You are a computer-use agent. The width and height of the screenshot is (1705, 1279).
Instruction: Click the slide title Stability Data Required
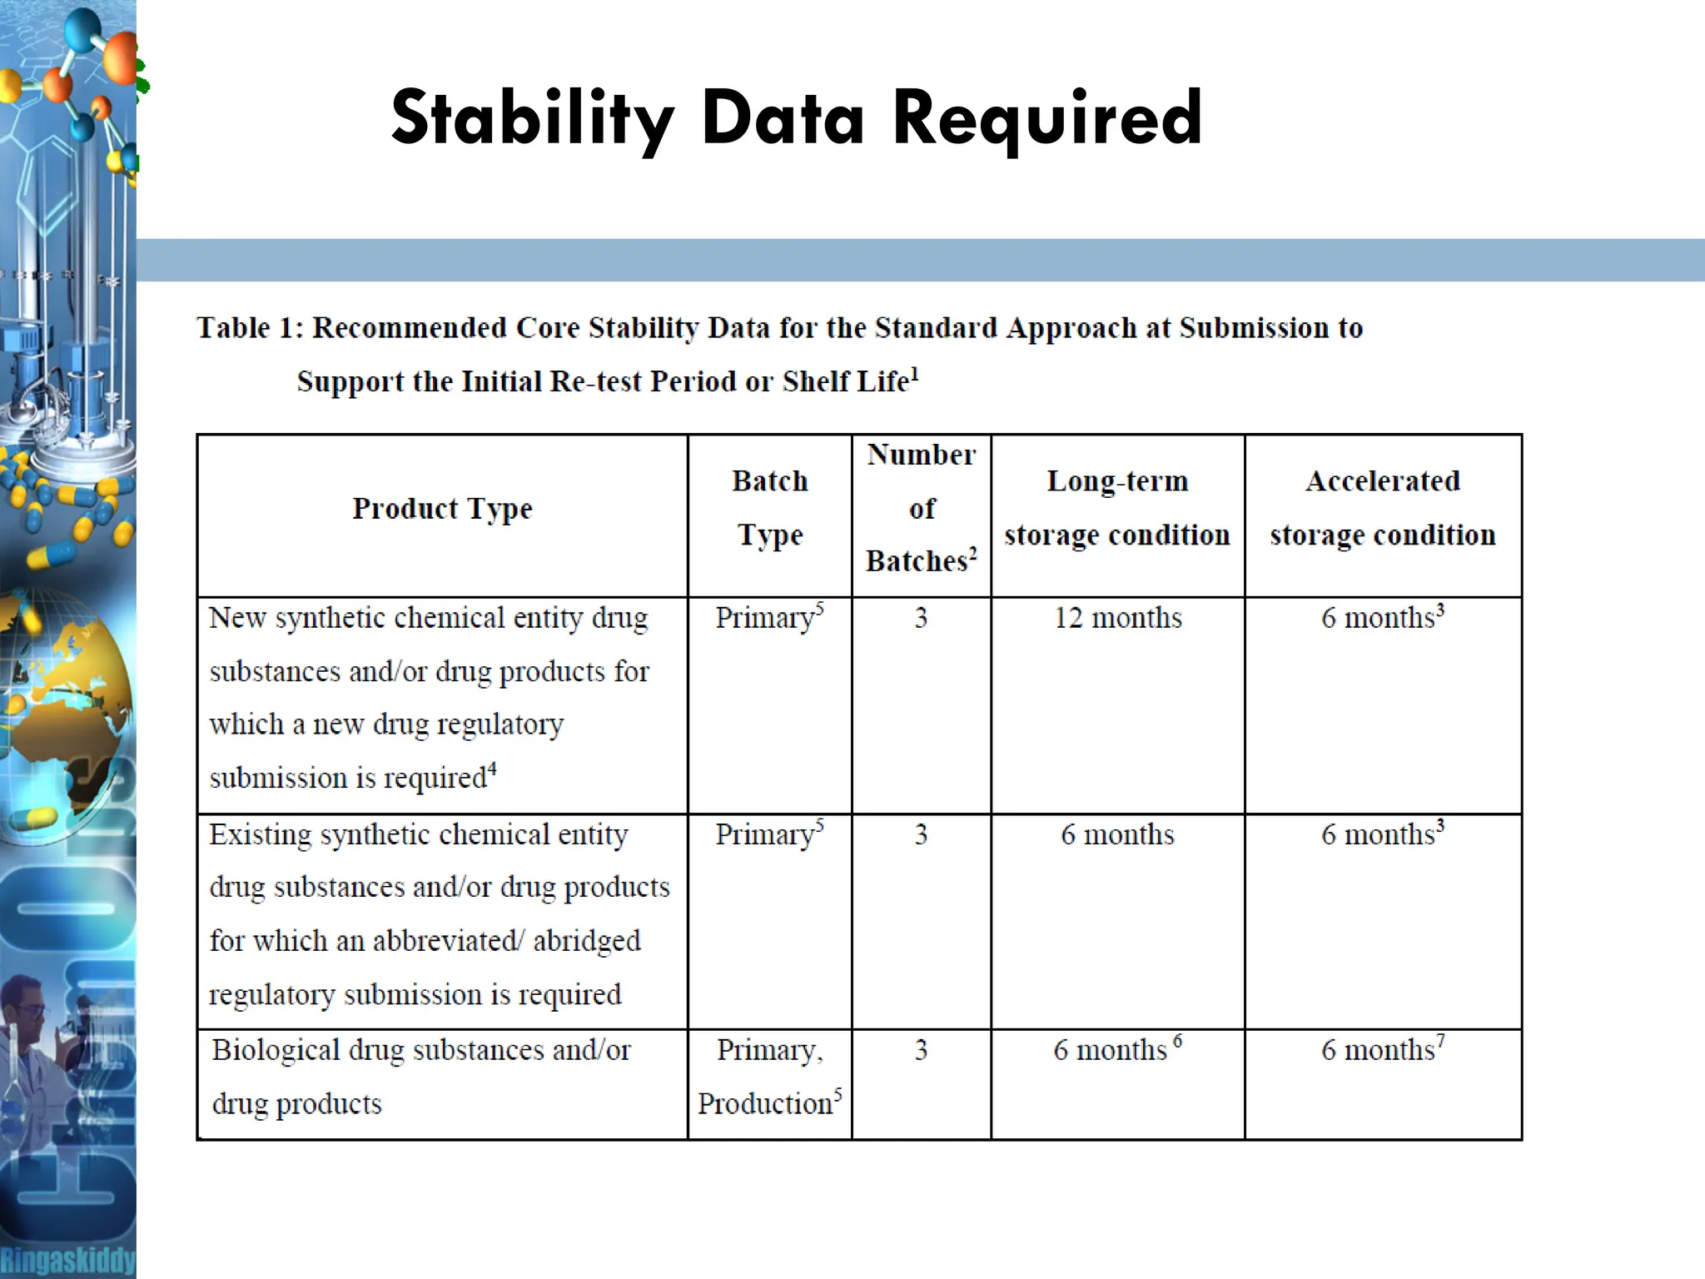click(797, 118)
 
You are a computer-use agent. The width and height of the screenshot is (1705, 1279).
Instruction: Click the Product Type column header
click(442, 508)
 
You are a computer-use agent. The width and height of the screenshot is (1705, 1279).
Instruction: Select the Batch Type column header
click(770, 508)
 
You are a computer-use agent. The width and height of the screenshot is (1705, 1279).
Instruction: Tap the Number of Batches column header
click(922, 508)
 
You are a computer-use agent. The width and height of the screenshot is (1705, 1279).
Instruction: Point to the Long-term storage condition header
click(1117, 508)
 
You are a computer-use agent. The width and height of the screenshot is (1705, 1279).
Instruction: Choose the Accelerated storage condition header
click(1383, 508)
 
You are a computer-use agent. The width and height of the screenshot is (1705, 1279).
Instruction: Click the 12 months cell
click(1117, 618)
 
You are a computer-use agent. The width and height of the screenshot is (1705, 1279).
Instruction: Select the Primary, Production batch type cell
click(770, 1077)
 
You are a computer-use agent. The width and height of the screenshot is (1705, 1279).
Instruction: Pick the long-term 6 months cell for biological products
click(1116, 1050)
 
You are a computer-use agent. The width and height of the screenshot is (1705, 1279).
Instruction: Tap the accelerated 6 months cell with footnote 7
click(1382, 1050)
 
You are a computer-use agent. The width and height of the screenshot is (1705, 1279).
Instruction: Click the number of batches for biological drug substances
click(921, 1050)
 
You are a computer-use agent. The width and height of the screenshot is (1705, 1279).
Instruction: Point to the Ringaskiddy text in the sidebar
click(67, 1261)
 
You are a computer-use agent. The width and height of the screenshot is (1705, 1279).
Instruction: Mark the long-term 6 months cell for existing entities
click(1117, 834)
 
